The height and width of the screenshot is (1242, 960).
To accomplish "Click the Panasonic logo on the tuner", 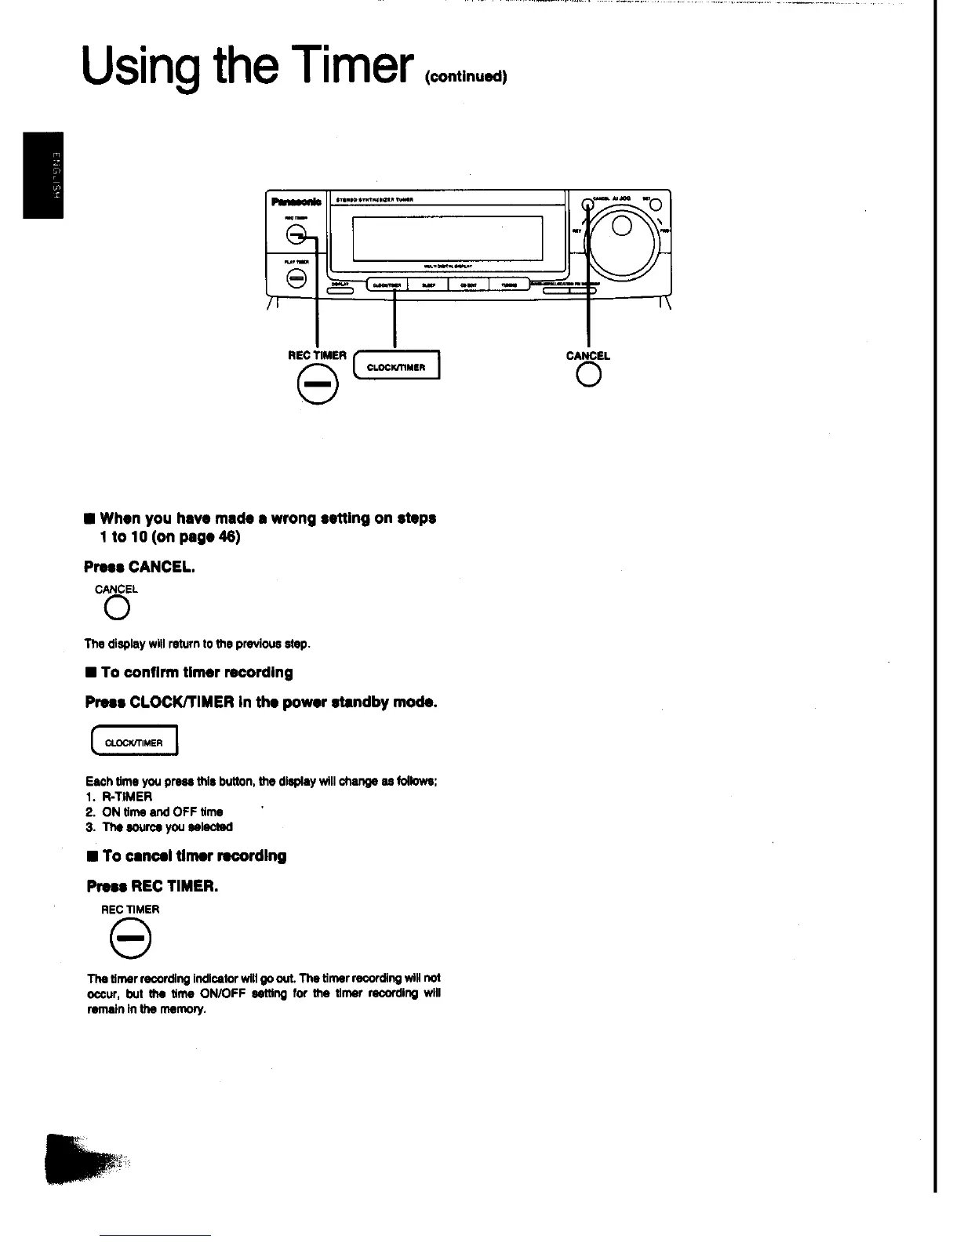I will point(290,202).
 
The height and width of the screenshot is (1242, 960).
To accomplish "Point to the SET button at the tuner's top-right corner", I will point(656,205).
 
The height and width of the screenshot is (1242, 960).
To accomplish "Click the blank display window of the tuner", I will point(447,238).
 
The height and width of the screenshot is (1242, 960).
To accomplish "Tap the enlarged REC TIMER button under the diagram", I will point(318,387).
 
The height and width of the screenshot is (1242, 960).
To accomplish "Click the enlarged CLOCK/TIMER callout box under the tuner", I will point(397,366).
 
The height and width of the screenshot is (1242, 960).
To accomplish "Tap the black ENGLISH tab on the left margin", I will point(42,176).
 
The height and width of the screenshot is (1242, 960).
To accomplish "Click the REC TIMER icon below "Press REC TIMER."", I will point(130,939).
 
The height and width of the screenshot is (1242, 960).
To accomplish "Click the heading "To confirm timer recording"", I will point(196,673).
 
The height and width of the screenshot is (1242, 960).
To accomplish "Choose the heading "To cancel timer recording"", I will point(193,855).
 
